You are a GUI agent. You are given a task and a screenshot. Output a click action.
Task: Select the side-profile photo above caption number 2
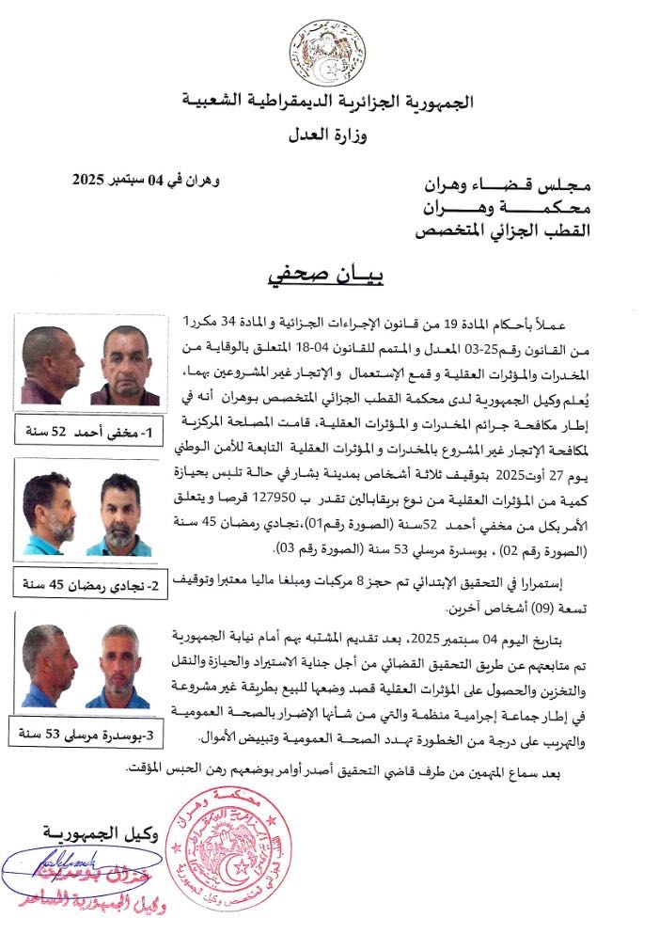(49, 514)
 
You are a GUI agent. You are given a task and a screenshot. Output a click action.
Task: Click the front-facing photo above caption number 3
(120, 666)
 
